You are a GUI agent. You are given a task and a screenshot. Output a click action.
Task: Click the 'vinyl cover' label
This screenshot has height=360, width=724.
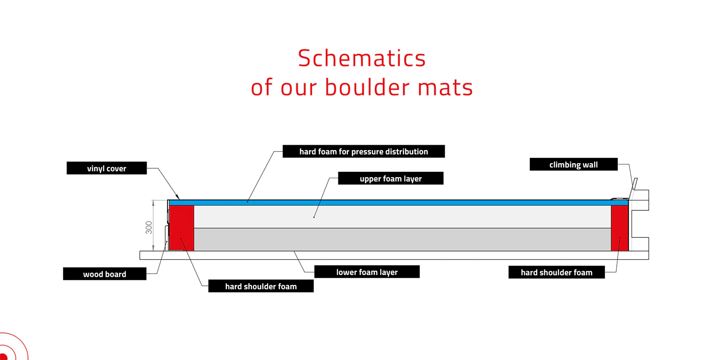(106, 168)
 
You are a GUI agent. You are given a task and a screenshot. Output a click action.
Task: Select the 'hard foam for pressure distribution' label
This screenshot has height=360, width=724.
(363, 152)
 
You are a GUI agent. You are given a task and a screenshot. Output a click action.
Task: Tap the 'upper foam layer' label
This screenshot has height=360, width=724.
(391, 179)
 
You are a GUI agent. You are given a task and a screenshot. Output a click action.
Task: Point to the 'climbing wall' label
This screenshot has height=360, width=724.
(573, 165)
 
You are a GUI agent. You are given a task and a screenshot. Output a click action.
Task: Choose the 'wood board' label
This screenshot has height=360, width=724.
(105, 274)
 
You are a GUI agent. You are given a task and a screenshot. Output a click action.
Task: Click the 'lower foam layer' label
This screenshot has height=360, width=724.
(367, 272)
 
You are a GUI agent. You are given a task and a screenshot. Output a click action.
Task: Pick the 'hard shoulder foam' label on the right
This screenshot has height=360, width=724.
(556, 272)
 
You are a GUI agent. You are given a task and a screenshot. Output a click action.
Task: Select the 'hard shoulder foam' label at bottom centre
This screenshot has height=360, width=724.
(261, 286)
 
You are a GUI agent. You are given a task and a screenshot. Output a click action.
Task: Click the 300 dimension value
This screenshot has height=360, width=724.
(149, 227)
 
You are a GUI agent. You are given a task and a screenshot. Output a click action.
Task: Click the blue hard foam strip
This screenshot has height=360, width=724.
(398, 203)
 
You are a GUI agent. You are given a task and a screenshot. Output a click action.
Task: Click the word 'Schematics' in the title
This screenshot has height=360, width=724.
(362, 58)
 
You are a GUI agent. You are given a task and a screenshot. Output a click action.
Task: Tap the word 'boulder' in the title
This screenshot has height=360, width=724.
(367, 87)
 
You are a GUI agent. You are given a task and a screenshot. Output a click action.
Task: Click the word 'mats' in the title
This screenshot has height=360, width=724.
(445, 87)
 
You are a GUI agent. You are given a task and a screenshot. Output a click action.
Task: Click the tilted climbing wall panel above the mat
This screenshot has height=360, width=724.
(635, 186)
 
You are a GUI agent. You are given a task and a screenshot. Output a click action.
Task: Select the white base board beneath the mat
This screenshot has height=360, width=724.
(394, 256)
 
